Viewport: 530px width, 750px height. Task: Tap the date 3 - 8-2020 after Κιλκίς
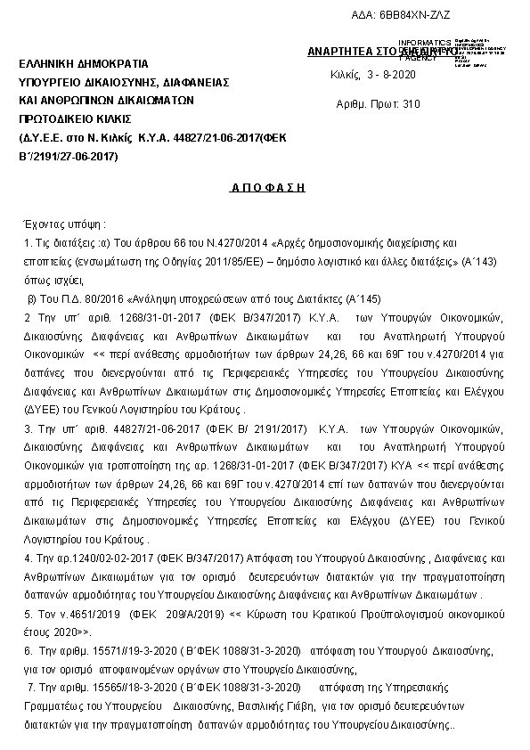pos(391,72)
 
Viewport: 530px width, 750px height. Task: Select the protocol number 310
pos(411,104)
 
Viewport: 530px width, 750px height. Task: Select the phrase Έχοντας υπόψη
pos(61,224)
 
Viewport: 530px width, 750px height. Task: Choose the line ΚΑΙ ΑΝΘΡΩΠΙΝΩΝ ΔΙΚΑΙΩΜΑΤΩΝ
pos(106,101)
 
